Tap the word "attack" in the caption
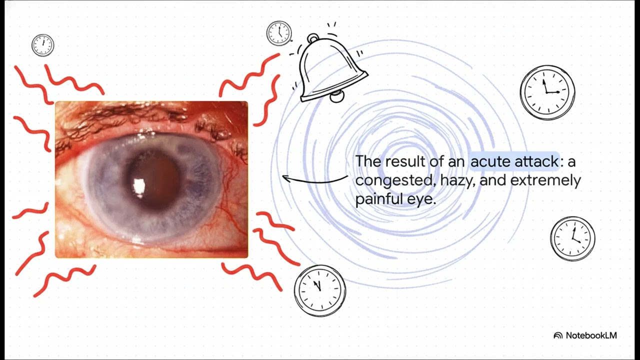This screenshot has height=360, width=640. point(536,161)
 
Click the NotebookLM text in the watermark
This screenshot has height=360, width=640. point(591,335)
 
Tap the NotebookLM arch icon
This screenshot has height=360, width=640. point(558,335)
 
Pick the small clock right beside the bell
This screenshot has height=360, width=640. point(279,33)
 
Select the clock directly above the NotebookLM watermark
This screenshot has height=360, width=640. point(572,239)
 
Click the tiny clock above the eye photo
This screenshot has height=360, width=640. point(43,45)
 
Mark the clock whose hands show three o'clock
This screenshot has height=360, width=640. point(547,92)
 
